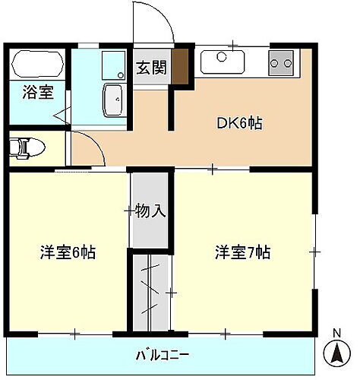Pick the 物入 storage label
tap(150, 209)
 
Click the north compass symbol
tap(336, 353)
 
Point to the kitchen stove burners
tap(280, 62)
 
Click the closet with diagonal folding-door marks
tap(150, 292)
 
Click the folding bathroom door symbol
tap(61, 116)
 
